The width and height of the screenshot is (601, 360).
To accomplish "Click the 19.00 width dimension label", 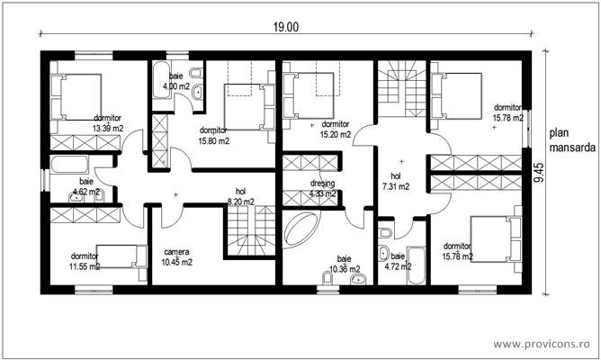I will click(x=286, y=26).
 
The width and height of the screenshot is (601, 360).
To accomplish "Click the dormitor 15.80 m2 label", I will click(x=213, y=135).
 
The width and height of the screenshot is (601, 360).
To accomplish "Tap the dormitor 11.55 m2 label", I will click(x=85, y=261).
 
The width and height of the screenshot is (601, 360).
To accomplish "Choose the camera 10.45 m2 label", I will click(x=177, y=256).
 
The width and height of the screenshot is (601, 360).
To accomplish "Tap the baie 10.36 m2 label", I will click(x=344, y=263).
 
